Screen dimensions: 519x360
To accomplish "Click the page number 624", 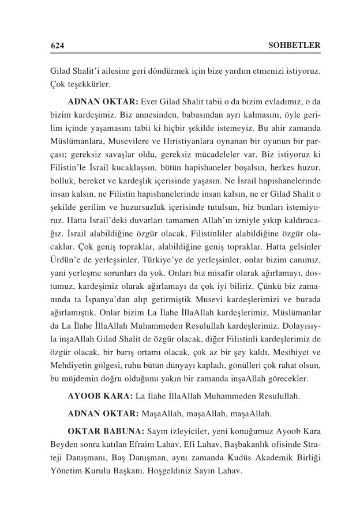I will point(56,45).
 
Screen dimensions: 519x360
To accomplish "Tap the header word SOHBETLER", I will point(295,45).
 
